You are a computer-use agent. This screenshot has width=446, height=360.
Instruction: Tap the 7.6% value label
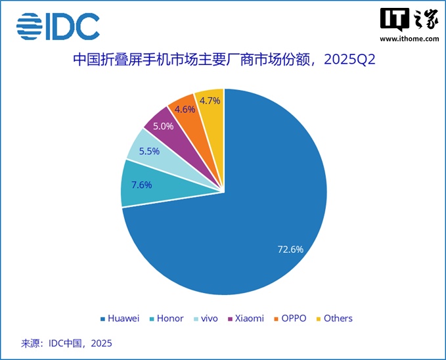141,185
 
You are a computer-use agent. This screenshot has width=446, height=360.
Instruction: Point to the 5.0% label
164,125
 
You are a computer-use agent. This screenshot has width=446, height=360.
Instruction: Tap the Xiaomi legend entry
246,319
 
